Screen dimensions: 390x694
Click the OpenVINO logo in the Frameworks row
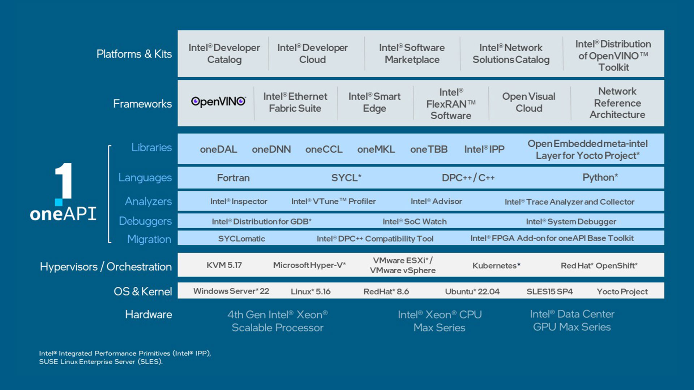pos(218,102)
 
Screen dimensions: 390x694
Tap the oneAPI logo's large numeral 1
pos(64,181)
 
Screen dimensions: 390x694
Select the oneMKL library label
pos(376,149)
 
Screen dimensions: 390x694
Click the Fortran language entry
pos(233,178)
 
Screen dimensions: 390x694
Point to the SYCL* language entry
pos(346,178)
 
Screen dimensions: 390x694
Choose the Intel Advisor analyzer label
pos(436,201)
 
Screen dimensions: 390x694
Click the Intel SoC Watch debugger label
pos(415,221)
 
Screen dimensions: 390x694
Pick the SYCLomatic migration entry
pos(241,238)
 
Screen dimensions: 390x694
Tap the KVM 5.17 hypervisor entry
pos(224,265)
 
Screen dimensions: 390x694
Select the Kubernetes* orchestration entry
pos(496,265)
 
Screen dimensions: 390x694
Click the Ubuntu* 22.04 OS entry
pos(472,291)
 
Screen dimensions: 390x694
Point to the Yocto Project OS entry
pos(622,291)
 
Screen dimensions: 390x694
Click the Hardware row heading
pos(149,314)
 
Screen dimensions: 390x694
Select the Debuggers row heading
pos(145,221)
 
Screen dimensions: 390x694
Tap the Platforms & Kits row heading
pos(134,54)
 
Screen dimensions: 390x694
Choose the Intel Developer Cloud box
pos(312,53)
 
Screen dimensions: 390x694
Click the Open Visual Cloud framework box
pos(528,102)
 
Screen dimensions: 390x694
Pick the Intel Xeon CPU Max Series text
pos(440,321)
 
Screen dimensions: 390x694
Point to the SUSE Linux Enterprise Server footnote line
pos(101,361)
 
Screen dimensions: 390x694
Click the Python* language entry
pos(600,177)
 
